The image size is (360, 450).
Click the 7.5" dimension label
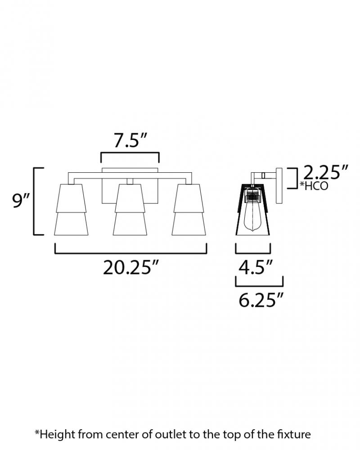click(130, 141)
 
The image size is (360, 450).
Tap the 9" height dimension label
click(22, 201)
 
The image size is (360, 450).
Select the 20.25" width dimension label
click(131, 267)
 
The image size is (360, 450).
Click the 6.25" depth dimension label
click(261, 300)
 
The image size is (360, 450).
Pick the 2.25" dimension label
click(326, 172)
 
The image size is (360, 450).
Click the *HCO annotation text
click(314, 186)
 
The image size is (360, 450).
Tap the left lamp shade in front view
click(71, 210)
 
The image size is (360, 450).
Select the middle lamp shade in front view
click(130, 210)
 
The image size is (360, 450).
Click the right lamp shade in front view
click(189, 210)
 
